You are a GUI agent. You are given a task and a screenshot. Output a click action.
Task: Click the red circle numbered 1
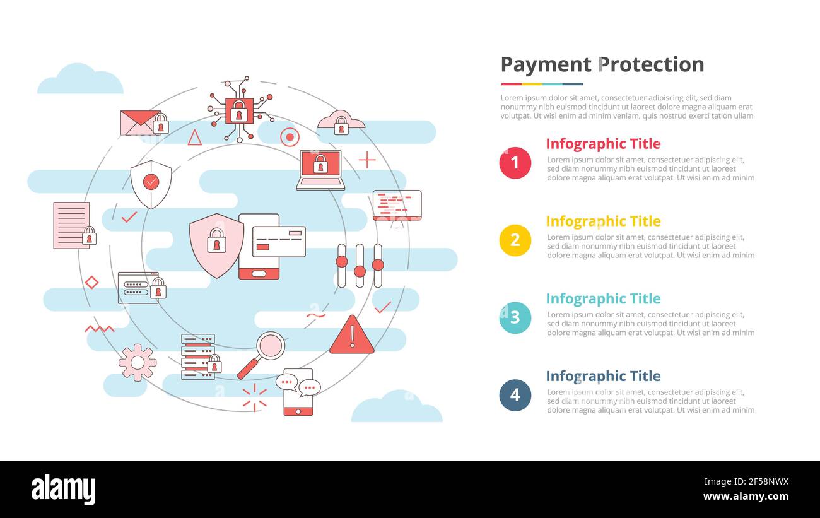pos(515,163)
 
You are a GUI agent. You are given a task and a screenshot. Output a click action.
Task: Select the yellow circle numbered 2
pos(515,240)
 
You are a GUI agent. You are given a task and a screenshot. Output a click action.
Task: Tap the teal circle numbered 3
pos(515,317)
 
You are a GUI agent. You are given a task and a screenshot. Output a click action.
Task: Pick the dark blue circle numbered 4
pos(515,395)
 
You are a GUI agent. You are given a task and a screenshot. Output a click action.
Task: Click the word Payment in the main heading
pos(546,64)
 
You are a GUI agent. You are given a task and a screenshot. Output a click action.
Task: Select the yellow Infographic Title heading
pos(602,221)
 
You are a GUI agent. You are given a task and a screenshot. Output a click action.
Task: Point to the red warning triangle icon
pos(351,336)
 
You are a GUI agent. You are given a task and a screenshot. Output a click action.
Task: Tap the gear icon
pos(138,363)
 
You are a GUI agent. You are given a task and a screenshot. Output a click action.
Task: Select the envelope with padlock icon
pos(144,122)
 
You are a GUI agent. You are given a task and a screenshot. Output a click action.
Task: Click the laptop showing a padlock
pos(320,170)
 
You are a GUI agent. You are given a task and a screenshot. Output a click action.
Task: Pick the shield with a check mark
pos(151,184)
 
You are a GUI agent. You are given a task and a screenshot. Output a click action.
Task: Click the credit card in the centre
pos(279,242)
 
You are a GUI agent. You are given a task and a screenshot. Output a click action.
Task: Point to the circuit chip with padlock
pos(239,110)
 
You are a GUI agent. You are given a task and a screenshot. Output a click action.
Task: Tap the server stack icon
pos(199,356)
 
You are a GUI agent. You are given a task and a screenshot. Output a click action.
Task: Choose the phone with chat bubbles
pos(298,392)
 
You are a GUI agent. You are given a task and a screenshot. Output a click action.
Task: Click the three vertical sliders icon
pos(360,266)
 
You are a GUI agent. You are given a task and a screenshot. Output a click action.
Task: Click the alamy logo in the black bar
pos(63,490)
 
